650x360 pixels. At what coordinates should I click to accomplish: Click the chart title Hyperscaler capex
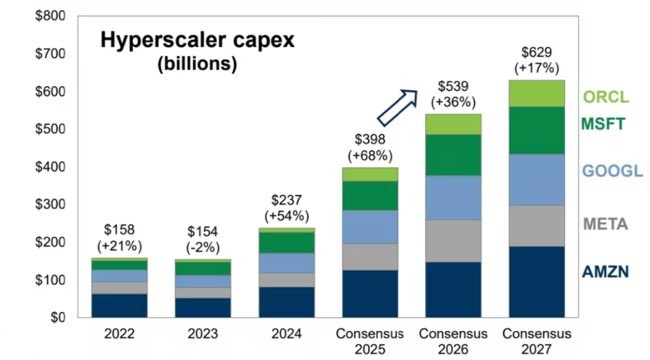coord(197,40)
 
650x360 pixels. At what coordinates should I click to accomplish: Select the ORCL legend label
coord(605,96)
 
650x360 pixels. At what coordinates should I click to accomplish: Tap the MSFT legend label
coord(603,125)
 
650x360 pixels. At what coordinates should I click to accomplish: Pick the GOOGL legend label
coord(612,171)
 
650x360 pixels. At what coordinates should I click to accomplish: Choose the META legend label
coord(605,225)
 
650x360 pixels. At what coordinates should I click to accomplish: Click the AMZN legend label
coord(605,272)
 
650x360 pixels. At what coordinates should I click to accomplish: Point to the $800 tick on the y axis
coord(50,16)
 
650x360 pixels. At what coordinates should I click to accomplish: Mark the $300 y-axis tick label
coord(50,205)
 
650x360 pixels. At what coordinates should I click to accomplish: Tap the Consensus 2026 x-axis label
coord(453,341)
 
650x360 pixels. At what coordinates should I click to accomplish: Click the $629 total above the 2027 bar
coord(536,52)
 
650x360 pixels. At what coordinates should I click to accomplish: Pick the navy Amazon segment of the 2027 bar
coord(536,282)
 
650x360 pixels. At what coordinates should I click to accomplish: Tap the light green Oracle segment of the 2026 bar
coord(453,124)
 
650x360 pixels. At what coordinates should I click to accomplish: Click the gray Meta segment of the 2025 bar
coord(370,257)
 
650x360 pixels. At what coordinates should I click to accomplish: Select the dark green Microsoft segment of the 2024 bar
coord(287,243)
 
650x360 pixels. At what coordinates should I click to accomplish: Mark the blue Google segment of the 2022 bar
coord(120,275)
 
